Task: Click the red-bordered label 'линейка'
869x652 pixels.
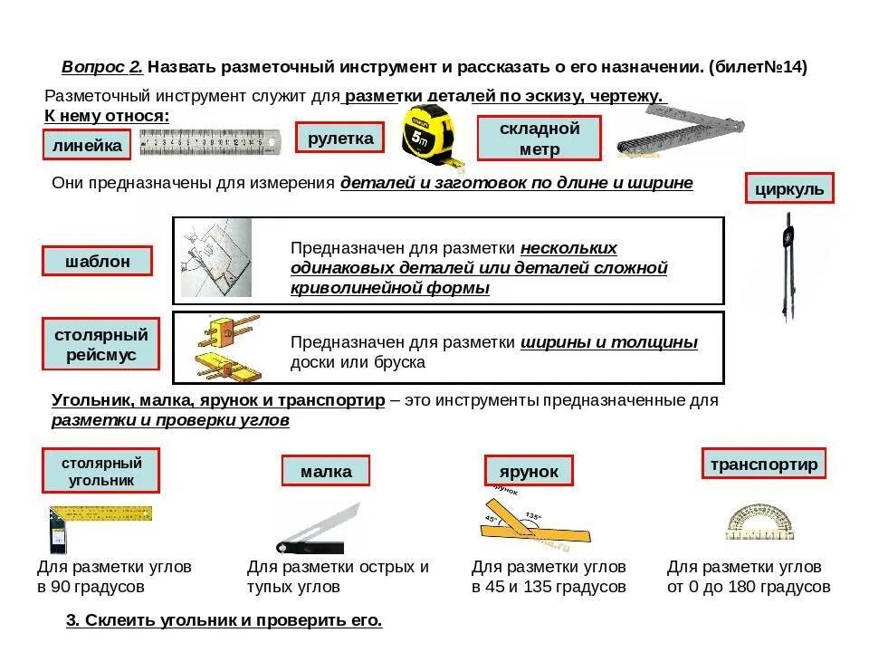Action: click(87, 145)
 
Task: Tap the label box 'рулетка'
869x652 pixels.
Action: click(340, 138)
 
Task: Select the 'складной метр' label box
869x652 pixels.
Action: click(540, 139)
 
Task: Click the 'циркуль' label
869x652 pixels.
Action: click(789, 188)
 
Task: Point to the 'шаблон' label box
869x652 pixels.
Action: click(97, 261)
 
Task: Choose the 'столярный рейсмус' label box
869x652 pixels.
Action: click(101, 344)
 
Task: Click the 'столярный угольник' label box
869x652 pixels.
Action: click(100, 471)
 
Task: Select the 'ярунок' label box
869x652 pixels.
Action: click(530, 471)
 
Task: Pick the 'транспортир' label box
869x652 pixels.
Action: click(764, 464)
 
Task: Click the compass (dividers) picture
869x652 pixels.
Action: click(788, 267)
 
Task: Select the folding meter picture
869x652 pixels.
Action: click(679, 131)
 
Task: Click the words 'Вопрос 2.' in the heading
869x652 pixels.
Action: click(102, 67)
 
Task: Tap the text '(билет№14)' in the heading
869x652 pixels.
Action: click(759, 67)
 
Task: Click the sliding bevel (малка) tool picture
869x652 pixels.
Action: click(317, 530)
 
